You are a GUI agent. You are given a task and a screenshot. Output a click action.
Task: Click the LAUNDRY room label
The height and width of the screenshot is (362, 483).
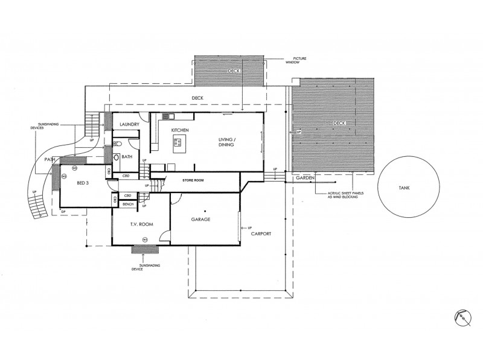point(130,125)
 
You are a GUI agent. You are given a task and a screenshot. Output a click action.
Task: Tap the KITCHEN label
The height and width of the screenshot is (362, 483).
point(181,130)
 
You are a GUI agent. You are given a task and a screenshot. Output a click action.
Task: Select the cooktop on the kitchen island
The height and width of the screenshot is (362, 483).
point(178,143)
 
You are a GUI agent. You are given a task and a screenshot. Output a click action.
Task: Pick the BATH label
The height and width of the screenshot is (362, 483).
point(127,157)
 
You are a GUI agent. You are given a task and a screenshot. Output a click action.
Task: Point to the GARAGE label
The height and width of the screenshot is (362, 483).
point(201,220)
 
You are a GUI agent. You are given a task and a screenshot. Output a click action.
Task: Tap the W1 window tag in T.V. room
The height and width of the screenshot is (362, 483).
point(145,240)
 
